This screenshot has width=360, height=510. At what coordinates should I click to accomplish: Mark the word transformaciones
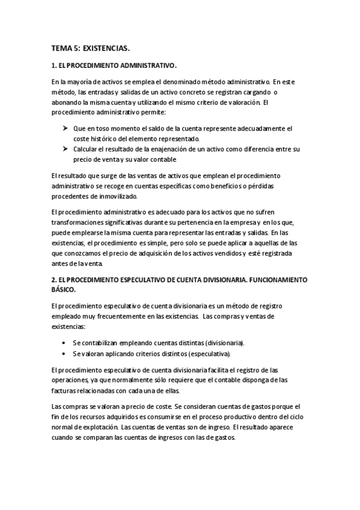79,223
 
